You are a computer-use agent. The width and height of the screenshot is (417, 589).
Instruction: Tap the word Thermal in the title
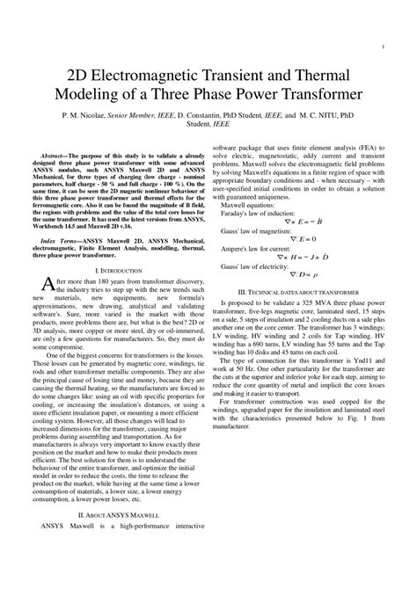[325, 72]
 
